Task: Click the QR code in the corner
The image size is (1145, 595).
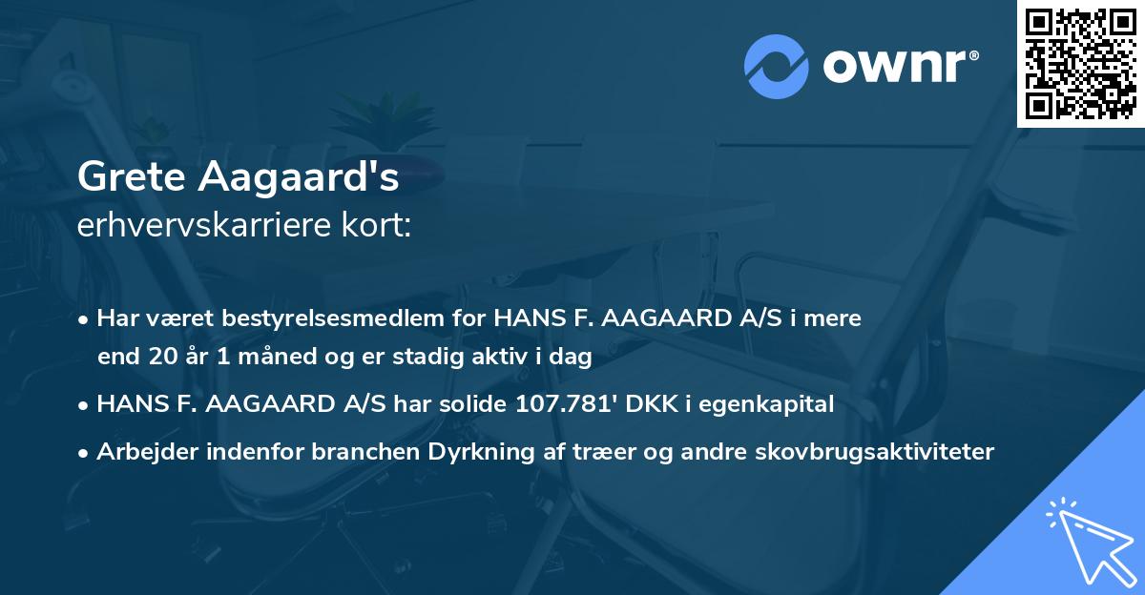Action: [1081, 63]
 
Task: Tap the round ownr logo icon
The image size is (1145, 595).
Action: [777, 67]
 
